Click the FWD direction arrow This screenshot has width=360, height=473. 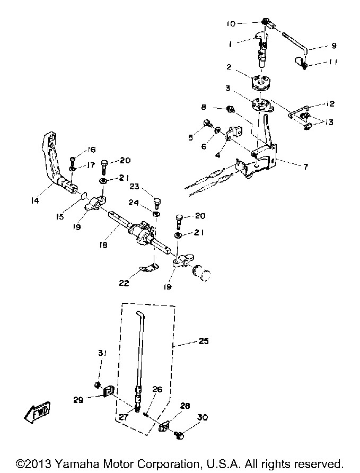(x=38, y=411)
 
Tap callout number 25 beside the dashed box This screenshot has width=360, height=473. (x=204, y=341)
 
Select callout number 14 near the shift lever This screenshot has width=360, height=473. (x=35, y=200)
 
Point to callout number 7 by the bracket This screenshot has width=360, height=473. (x=305, y=166)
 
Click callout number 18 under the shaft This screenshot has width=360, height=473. (x=103, y=244)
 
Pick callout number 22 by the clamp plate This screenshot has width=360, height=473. (x=124, y=283)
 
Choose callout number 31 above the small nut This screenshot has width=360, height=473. (x=102, y=353)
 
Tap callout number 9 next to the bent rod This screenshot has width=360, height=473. (x=334, y=46)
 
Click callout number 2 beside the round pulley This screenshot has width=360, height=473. (x=229, y=67)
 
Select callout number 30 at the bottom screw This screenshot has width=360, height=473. (x=203, y=417)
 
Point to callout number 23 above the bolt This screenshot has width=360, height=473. (x=135, y=187)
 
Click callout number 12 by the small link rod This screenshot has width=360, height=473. (x=330, y=103)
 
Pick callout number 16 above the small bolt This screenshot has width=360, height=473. (x=91, y=150)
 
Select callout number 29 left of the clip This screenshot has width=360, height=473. (x=78, y=400)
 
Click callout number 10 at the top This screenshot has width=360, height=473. (x=231, y=23)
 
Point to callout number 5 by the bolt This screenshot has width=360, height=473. (x=190, y=137)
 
